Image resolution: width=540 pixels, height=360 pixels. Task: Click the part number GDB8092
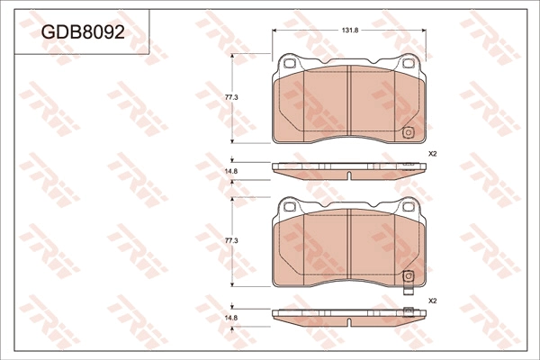[83, 32]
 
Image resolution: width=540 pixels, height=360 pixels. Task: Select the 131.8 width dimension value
[350, 31]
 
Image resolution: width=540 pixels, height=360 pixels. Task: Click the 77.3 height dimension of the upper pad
[231, 97]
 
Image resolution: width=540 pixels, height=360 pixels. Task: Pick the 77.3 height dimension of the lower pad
[231, 241]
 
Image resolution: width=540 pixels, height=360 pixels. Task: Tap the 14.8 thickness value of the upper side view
[231, 171]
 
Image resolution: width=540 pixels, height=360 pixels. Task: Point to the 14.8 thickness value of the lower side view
[231, 318]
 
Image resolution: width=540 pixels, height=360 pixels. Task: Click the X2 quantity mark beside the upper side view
[432, 154]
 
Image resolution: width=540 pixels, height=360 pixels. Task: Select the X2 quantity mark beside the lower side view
[432, 301]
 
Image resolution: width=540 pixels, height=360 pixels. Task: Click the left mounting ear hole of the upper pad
[290, 63]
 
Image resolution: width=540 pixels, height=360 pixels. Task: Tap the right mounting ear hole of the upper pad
[409, 63]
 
